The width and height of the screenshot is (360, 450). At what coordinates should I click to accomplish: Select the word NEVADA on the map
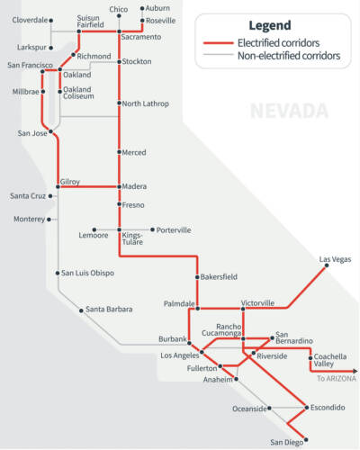[x=290, y=112]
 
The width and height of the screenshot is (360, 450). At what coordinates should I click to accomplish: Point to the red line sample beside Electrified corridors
[x=217, y=42]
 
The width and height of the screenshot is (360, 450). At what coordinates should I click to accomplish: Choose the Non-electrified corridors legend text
[x=289, y=56]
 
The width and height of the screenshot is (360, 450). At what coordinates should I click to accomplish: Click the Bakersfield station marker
[x=197, y=278]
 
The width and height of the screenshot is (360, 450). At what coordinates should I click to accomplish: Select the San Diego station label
[x=288, y=441]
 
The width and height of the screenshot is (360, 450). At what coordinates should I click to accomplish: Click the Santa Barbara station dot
[x=81, y=310]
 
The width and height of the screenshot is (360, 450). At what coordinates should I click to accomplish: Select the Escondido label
[x=327, y=408]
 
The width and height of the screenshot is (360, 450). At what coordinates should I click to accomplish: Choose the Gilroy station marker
[x=58, y=187]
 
